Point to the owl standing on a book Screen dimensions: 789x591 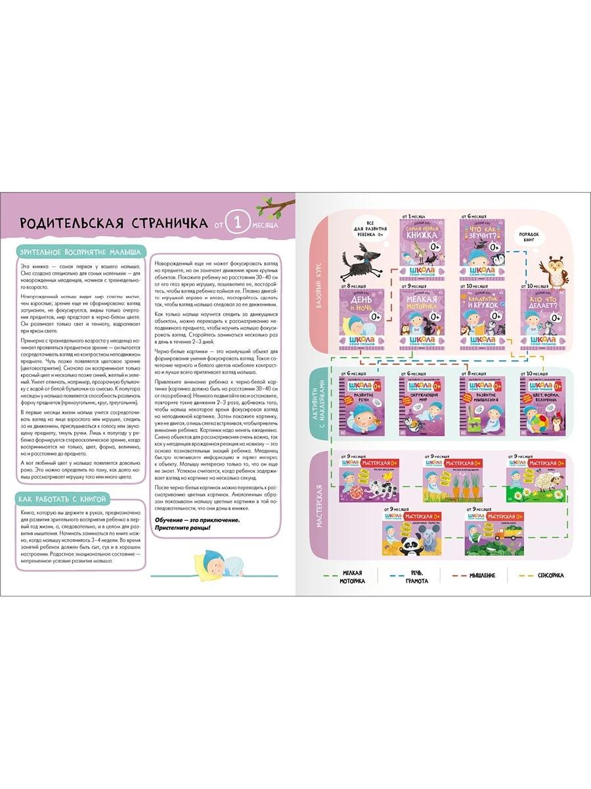550,270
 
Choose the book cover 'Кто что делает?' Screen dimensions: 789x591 544,319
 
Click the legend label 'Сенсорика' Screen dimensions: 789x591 550,575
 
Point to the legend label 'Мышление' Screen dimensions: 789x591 482,575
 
